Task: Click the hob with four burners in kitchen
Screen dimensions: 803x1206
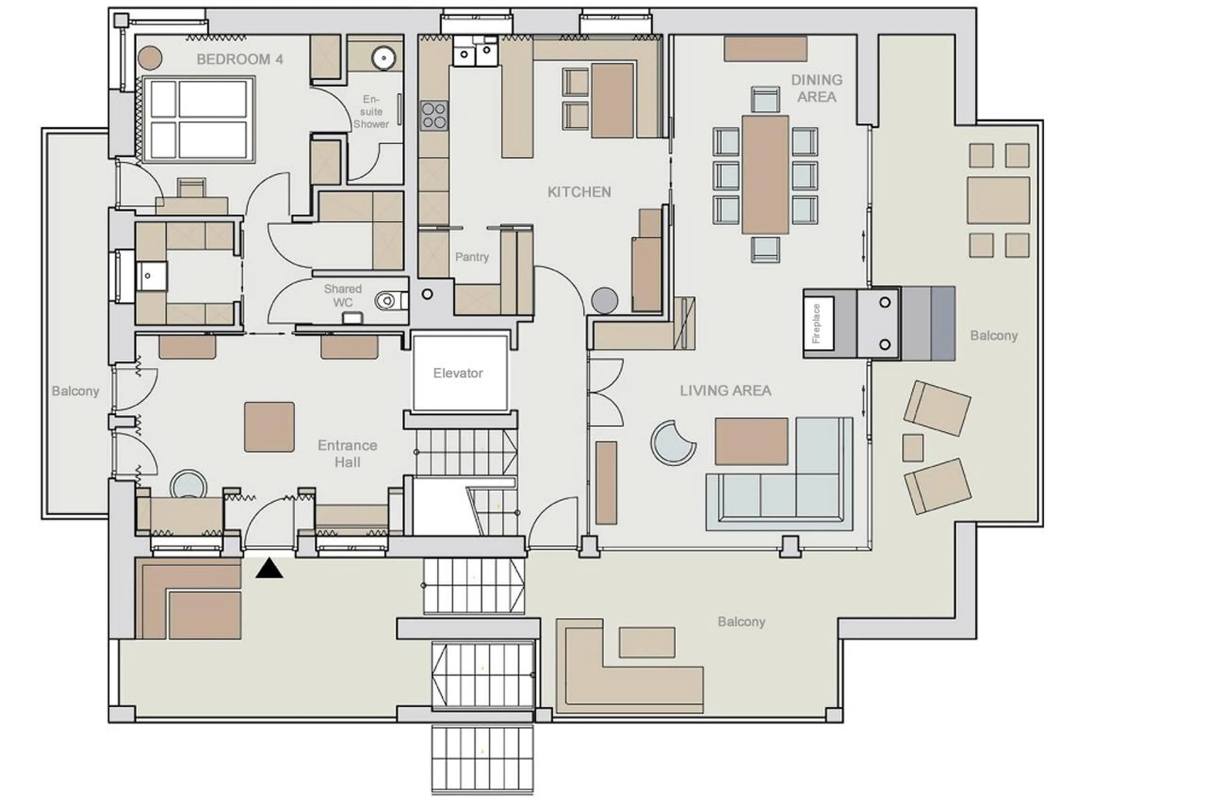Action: pyautogui.click(x=434, y=116)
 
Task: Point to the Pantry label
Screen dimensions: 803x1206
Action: pyautogui.click(x=471, y=257)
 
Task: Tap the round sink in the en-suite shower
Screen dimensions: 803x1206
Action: pyautogui.click(x=382, y=58)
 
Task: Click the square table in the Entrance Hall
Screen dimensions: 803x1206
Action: pyautogui.click(x=269, y=426)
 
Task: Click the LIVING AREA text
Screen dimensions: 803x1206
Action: pyautogui.click(x=725, y=391)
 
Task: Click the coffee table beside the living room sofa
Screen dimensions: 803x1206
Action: pyautogui.click(x=751, y=441)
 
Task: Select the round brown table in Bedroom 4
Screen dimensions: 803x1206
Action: pyautogui.click(x=150, y=58)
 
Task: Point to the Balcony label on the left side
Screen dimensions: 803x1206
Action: pyautogui.click(x=75, y=391)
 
